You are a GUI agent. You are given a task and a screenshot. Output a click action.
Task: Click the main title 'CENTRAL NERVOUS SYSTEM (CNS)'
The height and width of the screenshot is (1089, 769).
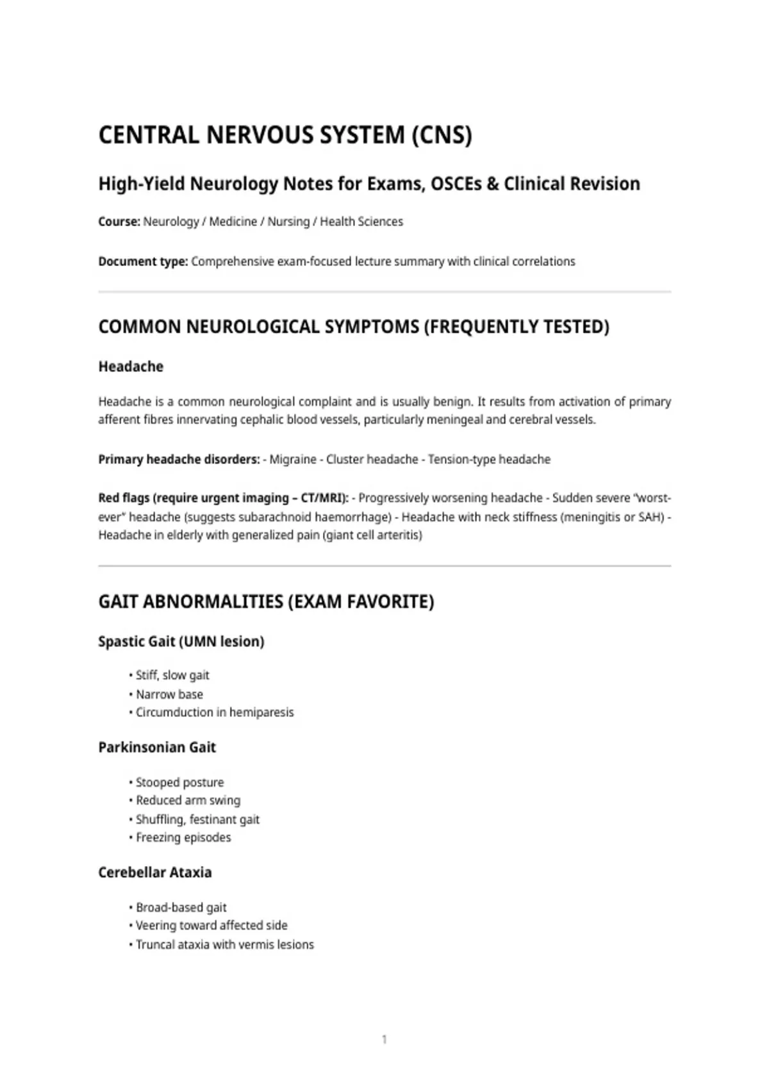click(285, 135)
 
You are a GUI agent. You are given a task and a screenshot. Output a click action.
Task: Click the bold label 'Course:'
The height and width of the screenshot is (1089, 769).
click(119, 222)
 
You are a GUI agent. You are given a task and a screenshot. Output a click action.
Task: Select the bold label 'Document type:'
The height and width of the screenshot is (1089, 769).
click(143, 261)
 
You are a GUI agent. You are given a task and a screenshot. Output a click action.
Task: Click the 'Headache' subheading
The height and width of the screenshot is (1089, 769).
click(131, 366)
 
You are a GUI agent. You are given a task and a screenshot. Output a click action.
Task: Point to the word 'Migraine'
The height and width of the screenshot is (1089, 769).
click(293, 459)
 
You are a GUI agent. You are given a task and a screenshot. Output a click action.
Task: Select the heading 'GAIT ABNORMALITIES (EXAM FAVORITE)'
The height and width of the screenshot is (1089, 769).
click(266, 602)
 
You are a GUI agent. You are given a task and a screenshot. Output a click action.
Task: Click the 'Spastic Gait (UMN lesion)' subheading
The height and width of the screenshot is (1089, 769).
click(181, 641)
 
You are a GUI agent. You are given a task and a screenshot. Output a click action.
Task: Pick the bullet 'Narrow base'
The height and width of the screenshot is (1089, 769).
click(169, 694)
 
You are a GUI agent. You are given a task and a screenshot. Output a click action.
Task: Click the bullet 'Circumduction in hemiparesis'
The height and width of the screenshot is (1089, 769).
click(215, 712)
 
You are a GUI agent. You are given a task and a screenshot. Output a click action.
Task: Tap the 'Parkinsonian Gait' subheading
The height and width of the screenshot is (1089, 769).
click(157, 747)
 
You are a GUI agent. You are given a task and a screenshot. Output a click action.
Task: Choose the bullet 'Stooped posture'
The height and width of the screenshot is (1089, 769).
click(179, 782)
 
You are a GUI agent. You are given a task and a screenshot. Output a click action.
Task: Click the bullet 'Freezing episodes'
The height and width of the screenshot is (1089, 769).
click(183, 837)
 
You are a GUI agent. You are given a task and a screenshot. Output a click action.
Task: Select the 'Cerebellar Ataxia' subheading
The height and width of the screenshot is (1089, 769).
click(155, 872)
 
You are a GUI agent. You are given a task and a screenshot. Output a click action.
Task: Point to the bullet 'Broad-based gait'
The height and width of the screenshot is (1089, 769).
click(181, 907)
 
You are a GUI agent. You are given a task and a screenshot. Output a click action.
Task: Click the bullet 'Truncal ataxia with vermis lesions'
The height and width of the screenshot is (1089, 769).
click(225, 944)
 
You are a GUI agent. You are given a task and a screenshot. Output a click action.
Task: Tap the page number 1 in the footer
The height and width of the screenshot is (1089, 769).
click(384, 1039)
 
